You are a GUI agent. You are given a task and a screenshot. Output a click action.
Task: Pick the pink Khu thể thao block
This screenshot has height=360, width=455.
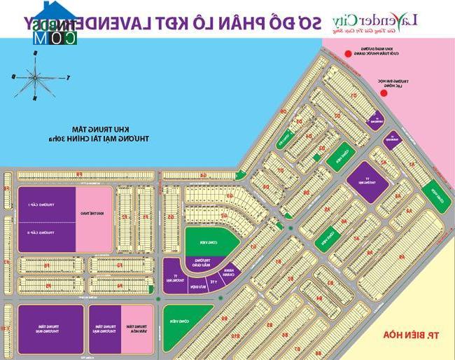[x=94, y=219]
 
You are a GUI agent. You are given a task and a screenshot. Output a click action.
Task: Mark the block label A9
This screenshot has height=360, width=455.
[x=402, y=258]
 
